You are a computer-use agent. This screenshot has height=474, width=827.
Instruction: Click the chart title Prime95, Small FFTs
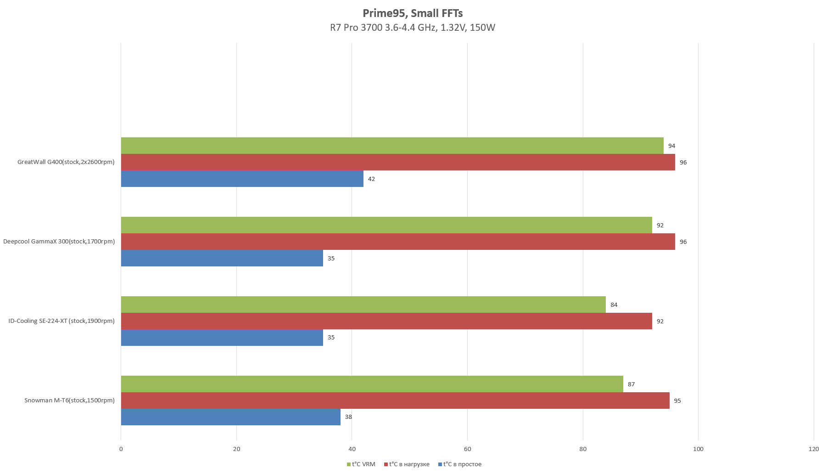pyautogui.click(x=413, y=13)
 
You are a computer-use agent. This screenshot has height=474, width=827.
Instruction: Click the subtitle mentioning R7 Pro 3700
pyautogui.click(x=413, y=28)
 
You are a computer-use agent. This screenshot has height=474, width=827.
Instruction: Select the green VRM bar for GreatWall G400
pyautogui.click(x=392, y=146)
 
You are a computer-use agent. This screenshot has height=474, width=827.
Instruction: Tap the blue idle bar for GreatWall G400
pyautogui.click(x=242, y=179)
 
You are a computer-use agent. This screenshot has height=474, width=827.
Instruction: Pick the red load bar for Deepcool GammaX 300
pyautogui.click(x=397, y=242)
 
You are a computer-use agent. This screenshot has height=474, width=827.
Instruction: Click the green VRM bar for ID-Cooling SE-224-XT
pyautogui.click(x=363, y=305)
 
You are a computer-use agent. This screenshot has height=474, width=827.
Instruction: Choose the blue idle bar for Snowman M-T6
pyautogui.click(x=230, y=417)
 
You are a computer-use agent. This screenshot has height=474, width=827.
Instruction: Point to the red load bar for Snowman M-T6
pyautogui.click(x=395, y=401)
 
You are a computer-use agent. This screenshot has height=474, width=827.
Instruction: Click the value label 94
pyautogui.click(x=671, y=146)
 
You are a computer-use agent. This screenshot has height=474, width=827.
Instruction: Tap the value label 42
pyautogui.click(x=371, y=179)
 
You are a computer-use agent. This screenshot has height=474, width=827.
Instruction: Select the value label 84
pyautogui.click(x=614, y=305)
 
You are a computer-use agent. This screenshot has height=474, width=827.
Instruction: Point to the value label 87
pyautogui.click(x=631, y=384)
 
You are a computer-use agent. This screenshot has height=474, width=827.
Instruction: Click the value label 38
pyautogui.click(x=348, y=417)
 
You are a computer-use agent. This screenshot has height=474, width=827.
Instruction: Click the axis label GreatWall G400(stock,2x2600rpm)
pyautogui.click(x=66, y=162)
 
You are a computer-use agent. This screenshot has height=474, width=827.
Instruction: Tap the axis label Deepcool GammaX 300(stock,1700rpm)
pyautogui.click(x=59, y=242)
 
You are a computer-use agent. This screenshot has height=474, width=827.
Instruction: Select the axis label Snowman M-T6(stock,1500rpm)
pyautogui.click(x=69, y=401)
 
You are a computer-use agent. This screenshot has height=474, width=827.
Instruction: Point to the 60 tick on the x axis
pyautogui.click(x=467, y=449)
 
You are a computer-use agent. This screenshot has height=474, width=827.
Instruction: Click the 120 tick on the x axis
pyautogui.click(x=813, y=449)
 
